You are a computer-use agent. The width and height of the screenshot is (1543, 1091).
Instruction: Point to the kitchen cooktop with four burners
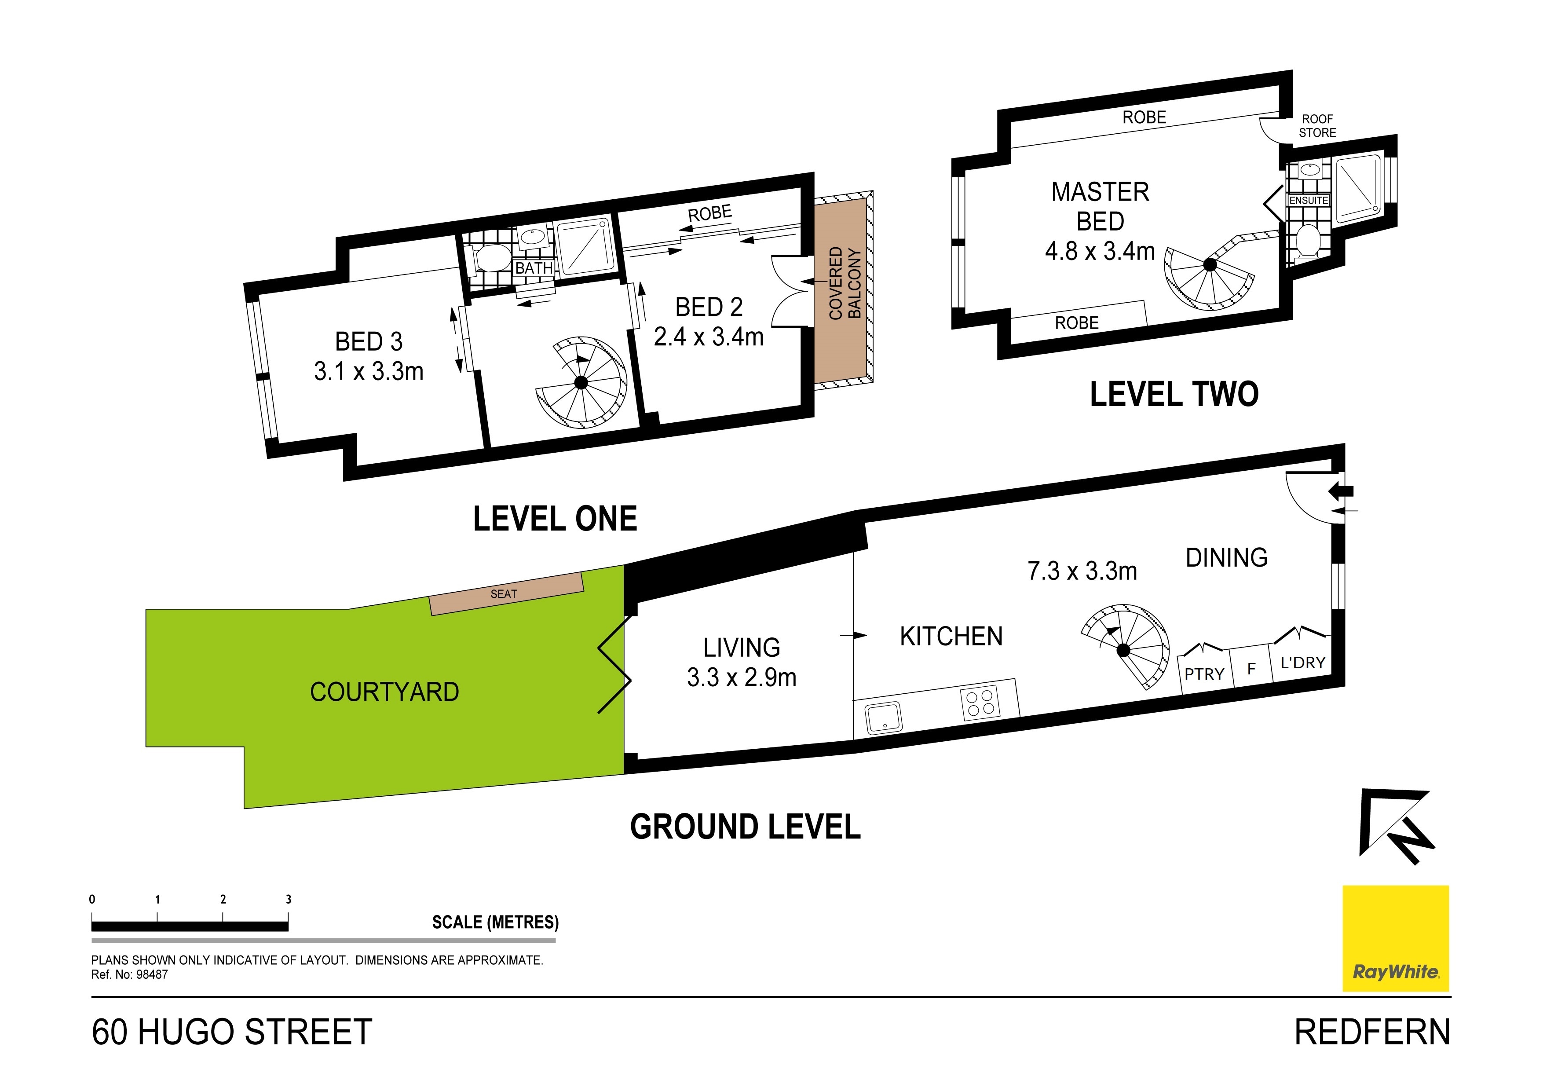pyautogui.click(x=980, y=703)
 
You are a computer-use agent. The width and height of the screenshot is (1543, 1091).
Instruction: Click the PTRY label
pyautogui.click(x=1204, y=674)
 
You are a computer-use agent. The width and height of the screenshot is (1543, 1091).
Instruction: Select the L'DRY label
pyautogui.click(x=1302, y=663)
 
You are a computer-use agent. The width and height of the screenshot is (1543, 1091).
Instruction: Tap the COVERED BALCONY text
pyautogui.click(x=845, y=283)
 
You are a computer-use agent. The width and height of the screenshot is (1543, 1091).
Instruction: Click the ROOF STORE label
pyautogui.click(x=1317, y=126)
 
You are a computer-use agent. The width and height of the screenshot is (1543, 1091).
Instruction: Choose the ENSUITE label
pyautogui.click(x=1308, y=200)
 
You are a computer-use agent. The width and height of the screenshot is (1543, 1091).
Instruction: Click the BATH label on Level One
pyautogui.click(x=534, y=268)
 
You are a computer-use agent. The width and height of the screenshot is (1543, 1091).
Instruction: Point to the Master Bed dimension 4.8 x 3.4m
pyautogui.click(x=1100, y=251)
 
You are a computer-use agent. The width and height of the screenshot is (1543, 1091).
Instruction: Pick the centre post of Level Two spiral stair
pyautogui.click(x=1210, y=265)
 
